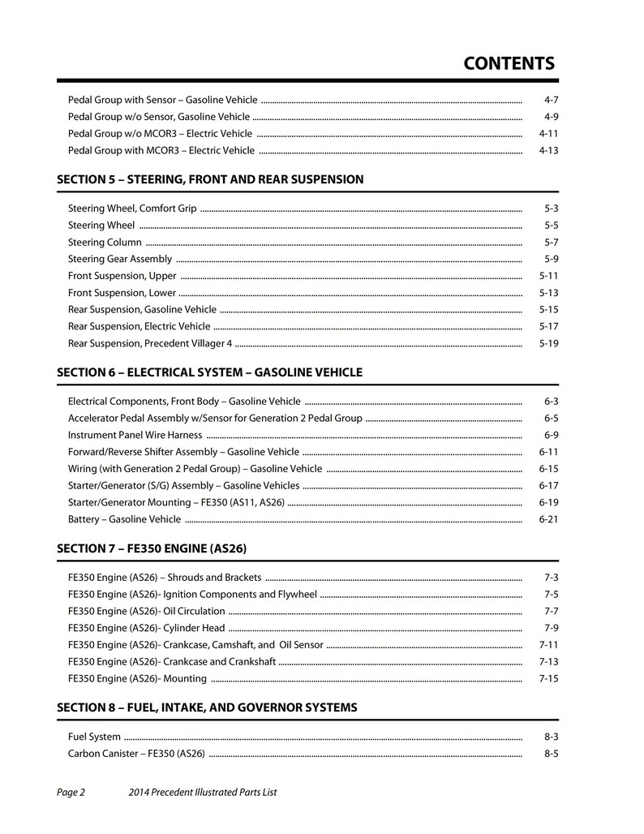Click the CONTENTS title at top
click(x=509, y=64)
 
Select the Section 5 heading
click(x=210, y=179)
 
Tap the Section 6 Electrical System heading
click(x=209, y=372)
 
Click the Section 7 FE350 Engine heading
click(x=151, y=548)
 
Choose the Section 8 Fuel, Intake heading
click(x=207, y=707)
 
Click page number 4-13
click(x=548, y=151)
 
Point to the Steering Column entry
click(x=105, y=243)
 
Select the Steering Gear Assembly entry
click(x=120, y=260)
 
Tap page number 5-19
click(x=548, y=343)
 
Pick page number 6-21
click(x=548, y=519)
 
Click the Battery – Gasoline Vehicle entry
click(x=124, y=519)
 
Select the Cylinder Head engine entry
click(x=146, y=628)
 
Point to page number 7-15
click(x=548, y=678)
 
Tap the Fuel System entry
click(x=94, y=737)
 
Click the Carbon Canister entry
click(x=136, y=754)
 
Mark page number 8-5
click(x=552, y=754)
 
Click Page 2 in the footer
click(x=71, y=793)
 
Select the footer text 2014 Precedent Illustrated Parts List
click(x=203, y=793)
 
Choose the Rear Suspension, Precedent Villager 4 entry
click(x=150, y=343)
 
